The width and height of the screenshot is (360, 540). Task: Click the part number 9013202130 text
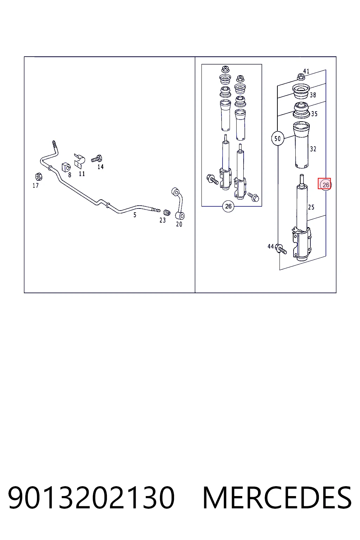(91, 497)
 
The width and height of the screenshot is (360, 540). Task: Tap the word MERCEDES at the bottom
(277, 497)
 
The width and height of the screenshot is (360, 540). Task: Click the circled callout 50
(277, 139)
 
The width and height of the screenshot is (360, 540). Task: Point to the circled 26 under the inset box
(228, 206)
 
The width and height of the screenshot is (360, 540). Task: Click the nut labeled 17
(39, 177)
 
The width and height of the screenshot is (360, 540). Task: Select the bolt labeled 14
(97, 159)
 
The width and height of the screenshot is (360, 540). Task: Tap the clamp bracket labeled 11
(79, 161)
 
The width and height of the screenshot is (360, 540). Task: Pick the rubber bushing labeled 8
(66, 167)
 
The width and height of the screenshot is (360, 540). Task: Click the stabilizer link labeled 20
(179, 203)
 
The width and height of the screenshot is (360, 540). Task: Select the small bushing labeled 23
(167, 212)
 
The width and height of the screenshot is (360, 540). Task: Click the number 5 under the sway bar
(135, 214)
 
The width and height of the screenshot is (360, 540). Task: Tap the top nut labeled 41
(300, 77)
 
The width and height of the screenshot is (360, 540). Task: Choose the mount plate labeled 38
(301, 91)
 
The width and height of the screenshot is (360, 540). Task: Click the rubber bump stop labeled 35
(301, 110)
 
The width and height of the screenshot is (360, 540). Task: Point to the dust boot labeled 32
(301, 145)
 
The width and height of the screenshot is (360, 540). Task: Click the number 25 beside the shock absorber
(311, 207)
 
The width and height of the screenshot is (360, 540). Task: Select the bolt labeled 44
(281, 249)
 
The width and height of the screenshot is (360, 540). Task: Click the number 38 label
(313, 95)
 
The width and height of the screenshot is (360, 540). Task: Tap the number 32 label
(313, 149)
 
